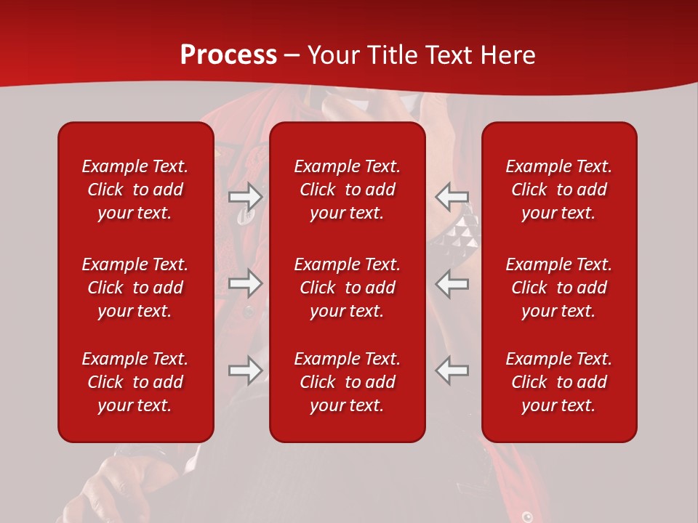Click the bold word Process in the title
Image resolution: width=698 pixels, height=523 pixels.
coord(228,55)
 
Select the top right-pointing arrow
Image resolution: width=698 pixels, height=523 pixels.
coord(245,196)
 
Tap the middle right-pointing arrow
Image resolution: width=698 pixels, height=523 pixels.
coord(245,283)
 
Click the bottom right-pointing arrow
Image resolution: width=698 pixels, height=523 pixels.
coord(245,370)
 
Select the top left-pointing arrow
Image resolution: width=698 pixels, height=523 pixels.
coord(452,196)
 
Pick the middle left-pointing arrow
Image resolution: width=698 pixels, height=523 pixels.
coord(452,283)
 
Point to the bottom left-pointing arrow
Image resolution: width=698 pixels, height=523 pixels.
coord(452,370)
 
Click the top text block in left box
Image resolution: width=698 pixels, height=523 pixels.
coord(135,190)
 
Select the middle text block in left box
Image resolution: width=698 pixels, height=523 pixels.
coord(135,288)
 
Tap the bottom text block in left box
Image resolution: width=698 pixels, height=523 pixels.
coord(135,382)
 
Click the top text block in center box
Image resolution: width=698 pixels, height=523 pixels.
coord(347,190)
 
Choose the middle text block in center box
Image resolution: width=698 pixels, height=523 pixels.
coord(347,288)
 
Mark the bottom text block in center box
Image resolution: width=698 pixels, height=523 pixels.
coord(347,382)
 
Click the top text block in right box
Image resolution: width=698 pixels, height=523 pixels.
coord(558,190)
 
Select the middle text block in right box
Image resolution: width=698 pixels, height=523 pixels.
coord(558,288)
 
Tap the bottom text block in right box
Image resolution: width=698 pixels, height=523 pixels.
coord(558,382)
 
